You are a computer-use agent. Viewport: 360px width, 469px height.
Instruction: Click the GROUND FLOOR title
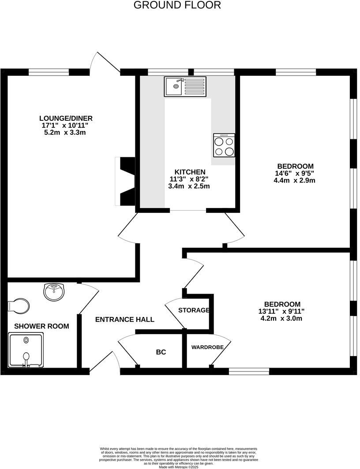(177, 5)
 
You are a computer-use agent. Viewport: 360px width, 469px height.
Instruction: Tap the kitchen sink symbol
(185, 86)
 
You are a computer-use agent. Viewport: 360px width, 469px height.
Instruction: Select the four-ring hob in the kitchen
(224, 145)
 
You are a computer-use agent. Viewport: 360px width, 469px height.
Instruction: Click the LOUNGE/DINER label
(66, 118)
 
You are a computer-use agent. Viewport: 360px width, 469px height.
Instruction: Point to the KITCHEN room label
(190, 172)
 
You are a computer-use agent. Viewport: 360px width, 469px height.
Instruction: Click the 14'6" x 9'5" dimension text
(294, 173)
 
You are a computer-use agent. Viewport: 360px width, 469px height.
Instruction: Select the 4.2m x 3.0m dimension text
(281, 318)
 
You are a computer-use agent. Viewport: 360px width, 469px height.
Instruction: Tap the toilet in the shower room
(19, 305)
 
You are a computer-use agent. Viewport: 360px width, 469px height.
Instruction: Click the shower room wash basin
(54, 291)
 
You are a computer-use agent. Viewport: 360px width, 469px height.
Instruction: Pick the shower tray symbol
(26, 350)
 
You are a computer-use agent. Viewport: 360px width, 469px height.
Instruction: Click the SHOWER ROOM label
(41, 326)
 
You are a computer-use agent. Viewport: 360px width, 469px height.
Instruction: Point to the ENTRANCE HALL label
(125, 319)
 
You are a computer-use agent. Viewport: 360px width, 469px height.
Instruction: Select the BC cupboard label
(161, 352)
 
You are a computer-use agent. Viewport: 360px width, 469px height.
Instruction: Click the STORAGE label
(194, 310)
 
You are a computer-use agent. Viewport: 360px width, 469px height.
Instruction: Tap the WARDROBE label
(207, 347)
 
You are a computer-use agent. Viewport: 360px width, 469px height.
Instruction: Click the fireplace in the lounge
(125, 181)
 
